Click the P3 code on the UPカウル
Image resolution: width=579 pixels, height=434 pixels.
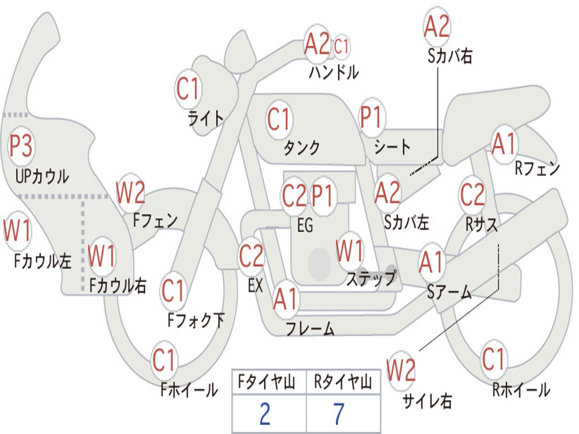point(21,146)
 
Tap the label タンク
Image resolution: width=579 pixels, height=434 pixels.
point(301,148)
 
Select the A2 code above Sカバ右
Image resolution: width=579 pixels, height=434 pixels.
point(437,27)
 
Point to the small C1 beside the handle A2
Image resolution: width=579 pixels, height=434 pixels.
point(342,46)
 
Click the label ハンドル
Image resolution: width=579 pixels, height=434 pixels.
point(334,72)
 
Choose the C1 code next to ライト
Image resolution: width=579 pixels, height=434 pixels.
point(188,89)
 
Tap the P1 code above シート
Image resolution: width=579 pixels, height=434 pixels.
point(371,118)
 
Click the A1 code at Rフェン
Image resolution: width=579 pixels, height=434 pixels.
point(504,144)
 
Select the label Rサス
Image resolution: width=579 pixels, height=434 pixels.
point(482,224)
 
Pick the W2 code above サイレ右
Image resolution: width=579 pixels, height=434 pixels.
point(401,371)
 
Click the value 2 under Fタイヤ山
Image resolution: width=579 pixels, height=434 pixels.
point(265,414)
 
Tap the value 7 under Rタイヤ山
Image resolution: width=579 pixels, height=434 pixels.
point(339,414)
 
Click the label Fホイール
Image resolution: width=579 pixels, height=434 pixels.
point(189,389)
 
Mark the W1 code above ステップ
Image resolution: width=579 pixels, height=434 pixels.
point(349,251)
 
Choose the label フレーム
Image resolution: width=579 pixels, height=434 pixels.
point(310,328)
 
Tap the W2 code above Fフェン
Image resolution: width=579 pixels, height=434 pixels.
point(131,193)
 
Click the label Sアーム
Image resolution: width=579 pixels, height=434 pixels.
point(450,292)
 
